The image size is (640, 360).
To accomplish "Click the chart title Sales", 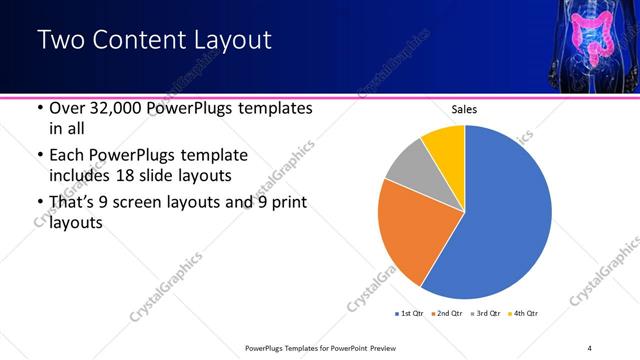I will [x=465, y=108].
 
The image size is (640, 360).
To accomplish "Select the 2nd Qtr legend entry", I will [x=446, y=314].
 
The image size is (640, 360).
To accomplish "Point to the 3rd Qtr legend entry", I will [x=484, y=314].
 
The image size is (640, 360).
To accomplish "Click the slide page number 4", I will [x=589, y=348].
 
